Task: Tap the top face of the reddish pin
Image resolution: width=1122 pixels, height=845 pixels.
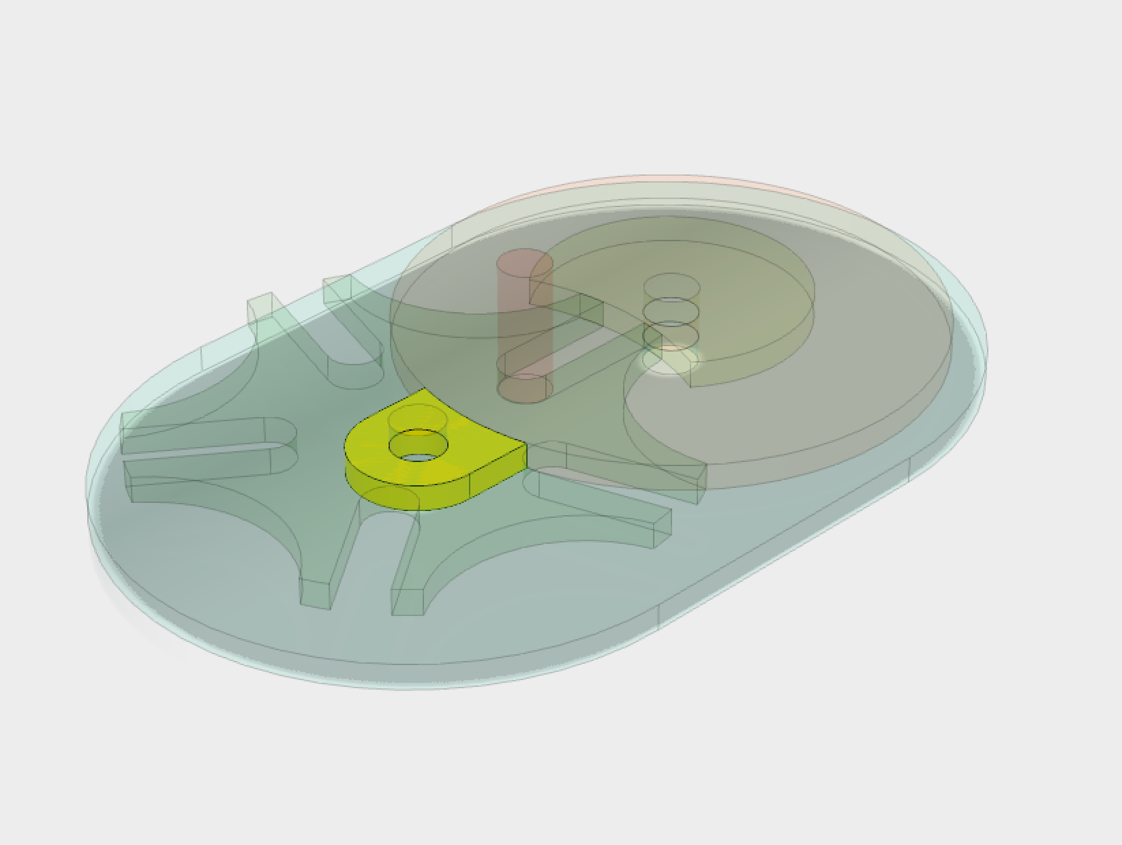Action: tap(524, 263)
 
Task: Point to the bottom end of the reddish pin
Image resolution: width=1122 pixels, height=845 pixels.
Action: tap(524, 390)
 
